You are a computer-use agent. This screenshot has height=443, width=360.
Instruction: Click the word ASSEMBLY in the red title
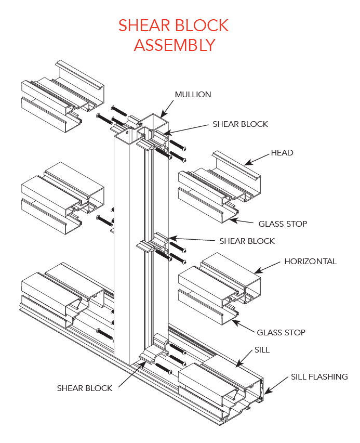[174, 45]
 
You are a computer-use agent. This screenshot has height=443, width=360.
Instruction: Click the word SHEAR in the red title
[145, 25]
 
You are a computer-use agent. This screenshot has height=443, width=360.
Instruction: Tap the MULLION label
[193, 94]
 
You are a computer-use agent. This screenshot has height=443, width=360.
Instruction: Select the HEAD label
[282, 152]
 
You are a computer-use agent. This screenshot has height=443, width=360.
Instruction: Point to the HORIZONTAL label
[310, 261]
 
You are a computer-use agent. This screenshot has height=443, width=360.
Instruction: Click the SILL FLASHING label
[318, 376]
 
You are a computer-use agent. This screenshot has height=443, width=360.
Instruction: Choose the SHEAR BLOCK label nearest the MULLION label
[240, 124]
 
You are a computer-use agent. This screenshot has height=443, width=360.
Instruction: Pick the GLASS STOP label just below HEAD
[283, 224]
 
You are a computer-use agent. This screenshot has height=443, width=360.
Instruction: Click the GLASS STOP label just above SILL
[281, 332]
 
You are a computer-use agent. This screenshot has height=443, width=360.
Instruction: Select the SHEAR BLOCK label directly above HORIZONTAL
[247, 241]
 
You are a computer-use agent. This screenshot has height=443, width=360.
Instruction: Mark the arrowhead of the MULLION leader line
[162, 115]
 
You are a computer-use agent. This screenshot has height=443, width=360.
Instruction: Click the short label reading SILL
[262, 349]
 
